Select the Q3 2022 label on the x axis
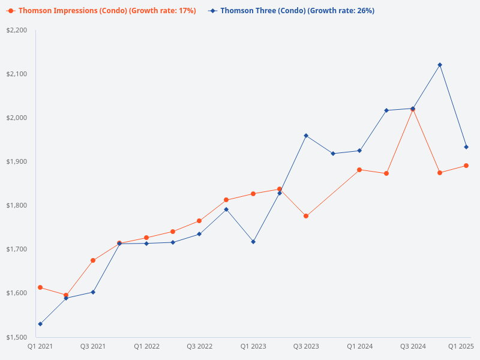(199, 346)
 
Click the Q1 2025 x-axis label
(461, 346)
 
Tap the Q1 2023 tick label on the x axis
(253, 346)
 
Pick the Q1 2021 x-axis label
(40, 346)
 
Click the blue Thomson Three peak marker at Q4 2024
(440, 65)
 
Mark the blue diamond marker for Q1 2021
(40, 324)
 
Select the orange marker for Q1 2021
(40, 287)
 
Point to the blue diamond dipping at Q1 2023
(253, 242)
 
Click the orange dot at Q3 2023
(306, 216)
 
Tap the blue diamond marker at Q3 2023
(306, 136)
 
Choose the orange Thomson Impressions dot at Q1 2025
(466, 166)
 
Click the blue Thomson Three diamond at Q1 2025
(466, 147)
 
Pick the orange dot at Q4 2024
(440, 173)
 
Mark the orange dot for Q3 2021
(93, 260)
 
